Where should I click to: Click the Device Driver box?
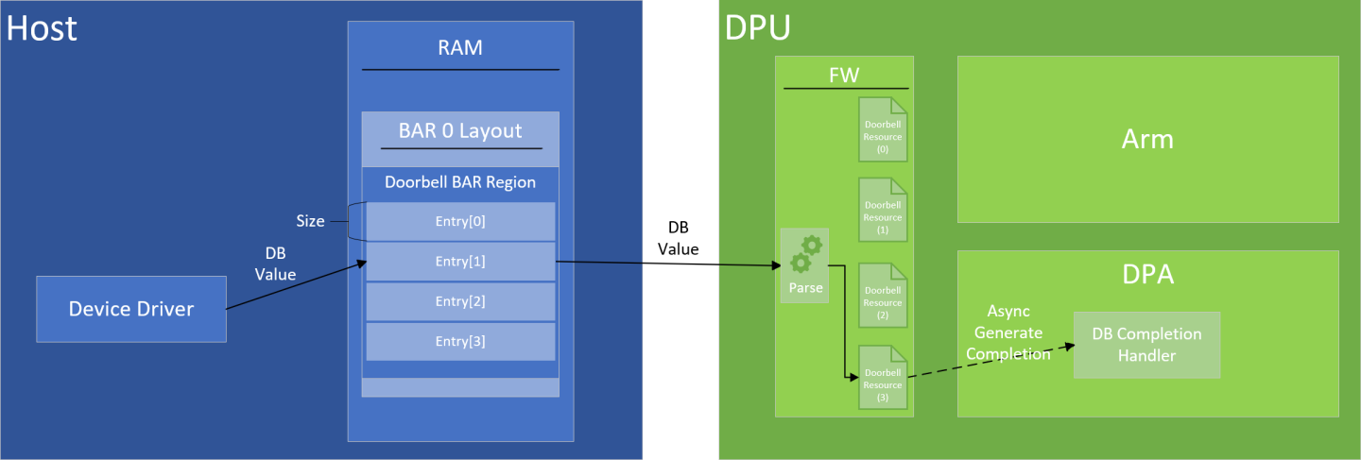pyautogui.click(x=131, y=309)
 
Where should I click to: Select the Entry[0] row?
pyautogui.click(x=460, y=221)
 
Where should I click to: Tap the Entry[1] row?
pyautogui.click(x=460, y=262)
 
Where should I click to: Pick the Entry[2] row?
pyautogui.click(x=460, y=301)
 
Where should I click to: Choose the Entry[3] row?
pyautogui.click(x=460, y=341)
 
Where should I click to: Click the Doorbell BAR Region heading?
pyautogui.click(x=460, y=182)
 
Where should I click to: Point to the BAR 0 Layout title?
pyautogui.click(x=460, y=130)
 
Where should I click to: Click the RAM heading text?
pyautogui.click(x=460, y=47)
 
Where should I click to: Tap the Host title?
pyautogui.click(x=41, y=28)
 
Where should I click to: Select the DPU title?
pyautogui.click(x=757, y=28)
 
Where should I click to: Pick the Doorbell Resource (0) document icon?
pyautogui.click(x=882, y=130)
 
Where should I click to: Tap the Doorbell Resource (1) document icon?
pyautogui.click(x=882, y=212)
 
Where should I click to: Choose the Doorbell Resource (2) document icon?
pyautogui.click(x=882, y=296)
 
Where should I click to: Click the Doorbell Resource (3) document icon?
pyautogui.click(x=882, y=378)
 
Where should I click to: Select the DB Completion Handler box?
pyautogui.click(x=1146, y=345)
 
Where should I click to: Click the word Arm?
pyautogui.click(x=1147, y=140)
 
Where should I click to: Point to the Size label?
pyautogui.click(x=310, y=221)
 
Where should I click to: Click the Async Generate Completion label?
pyautogui.click(x=1014, y=332)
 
